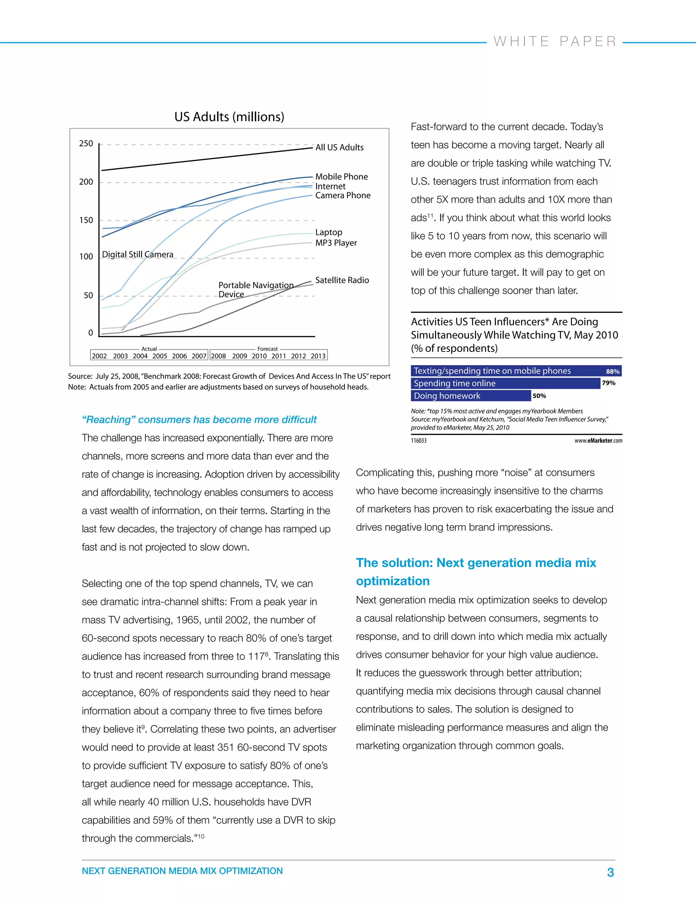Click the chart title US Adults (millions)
(x=229, y=117)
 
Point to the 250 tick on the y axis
(x=86, y=143)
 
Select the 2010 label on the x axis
(x=259, y=356)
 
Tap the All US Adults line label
(x=340, y=147)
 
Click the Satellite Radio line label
(x=342, y=280)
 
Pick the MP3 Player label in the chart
(x=336, y=243)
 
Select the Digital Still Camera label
(x=138, y=255)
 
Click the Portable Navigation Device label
(x=256, y=290)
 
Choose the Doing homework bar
(x=470, y=396)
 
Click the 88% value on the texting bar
(x=612, y=371)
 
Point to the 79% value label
(x=609, y=383)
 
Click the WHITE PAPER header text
(x=555, y=42)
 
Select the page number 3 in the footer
(x=610, y=872)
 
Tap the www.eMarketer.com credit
(x=598, y=441)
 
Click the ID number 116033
(x=418, y=441)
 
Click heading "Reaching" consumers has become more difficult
(x=199, y=420)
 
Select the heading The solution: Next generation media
(x=476, y=563)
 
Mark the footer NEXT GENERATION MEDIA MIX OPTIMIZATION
(x=182, y=871)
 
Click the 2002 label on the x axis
(x=99, y=356)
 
